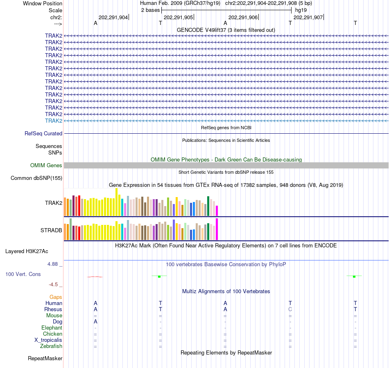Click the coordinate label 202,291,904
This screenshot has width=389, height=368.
click(x=113, y=18)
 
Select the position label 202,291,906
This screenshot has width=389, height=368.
click(x=243, y=18)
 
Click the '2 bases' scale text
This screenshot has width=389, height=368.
click(x=150, y=10)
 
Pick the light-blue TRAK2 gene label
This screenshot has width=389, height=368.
click(x=54, y=121)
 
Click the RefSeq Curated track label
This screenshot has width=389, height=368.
click(x=43, y=133)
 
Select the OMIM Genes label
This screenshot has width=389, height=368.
click(x=46, y=166)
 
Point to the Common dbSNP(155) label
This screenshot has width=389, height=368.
click(x=36, y=178)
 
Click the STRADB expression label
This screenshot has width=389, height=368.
click(x=51, y=230)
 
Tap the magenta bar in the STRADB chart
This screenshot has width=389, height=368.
click(x=217, y=229)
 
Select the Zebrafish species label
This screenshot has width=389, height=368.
click(x=51, y=346)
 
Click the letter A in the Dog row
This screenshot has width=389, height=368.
click(x=95, y=321)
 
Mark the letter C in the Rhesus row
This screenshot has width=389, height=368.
click(x=290, y=309)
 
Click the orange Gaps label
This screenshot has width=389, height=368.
click(x=56, y=297)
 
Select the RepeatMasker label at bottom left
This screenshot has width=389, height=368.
click(x=45, y=359)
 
